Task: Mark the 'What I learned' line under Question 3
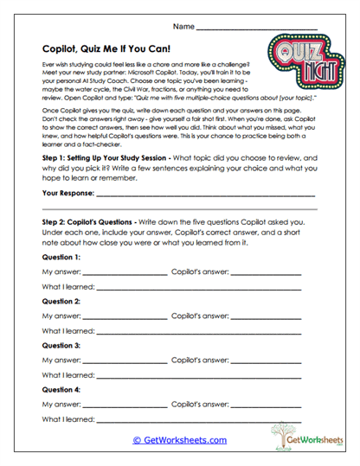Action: [199, 375]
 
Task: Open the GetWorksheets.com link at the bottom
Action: [179, 440]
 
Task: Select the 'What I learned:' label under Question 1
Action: [68, 287]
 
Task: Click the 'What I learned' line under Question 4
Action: [199, 419]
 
